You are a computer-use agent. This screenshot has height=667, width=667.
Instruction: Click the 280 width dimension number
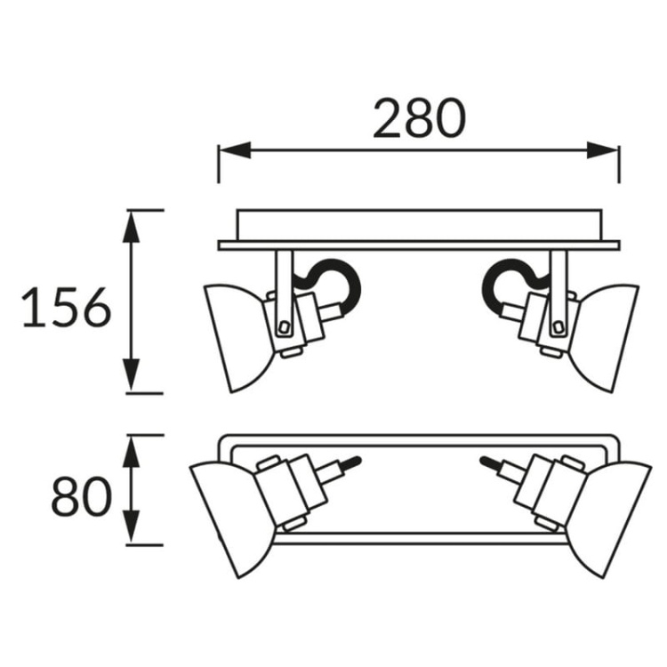(x=420, y=118)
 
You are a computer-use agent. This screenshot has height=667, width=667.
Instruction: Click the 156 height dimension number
(x=67, y=307)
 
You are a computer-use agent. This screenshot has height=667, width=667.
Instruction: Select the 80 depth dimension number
(x=81, y=496)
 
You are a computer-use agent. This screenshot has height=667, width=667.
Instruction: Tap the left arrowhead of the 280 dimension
(x=235, y=150)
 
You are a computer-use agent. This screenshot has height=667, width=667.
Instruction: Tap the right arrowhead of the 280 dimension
(x=602, y=150)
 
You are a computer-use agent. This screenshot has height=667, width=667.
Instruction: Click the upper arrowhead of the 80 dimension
(x=131, y=451)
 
